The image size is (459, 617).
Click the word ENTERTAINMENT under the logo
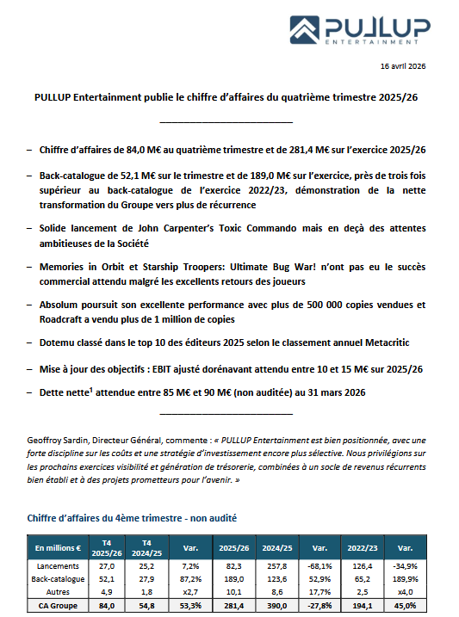pos(371,40)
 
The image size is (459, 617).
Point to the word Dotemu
pos(59,342)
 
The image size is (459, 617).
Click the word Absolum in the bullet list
pos(60,305)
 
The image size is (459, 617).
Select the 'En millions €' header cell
pos(59,547)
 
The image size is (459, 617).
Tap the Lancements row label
pos(59,565)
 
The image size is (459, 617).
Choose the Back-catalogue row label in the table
pos(59,580)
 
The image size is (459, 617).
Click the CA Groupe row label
pos(59,606)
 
